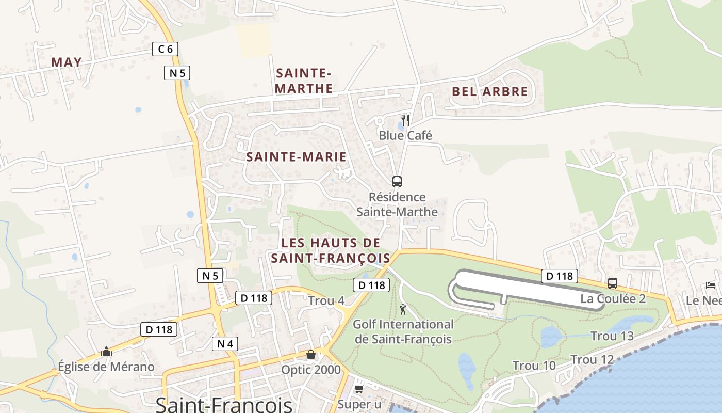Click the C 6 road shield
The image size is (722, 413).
coord(166,49)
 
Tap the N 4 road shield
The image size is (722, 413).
coord(225,343)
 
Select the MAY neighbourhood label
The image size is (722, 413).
coord(67,62)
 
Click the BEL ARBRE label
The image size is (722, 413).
coord(490,92)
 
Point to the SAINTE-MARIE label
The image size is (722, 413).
coord(296,157)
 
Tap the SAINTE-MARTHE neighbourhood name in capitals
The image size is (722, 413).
coord(303,81)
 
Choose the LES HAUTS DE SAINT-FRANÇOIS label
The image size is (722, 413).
coord(331,250)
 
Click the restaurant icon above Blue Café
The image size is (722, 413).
coord(405,120)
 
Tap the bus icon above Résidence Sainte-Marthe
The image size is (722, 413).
coord(397,182)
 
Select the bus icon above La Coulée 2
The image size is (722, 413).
coord(613,283)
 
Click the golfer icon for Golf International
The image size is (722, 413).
coord(403,309)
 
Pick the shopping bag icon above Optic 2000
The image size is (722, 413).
coord(311,355)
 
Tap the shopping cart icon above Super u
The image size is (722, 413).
coord(359,389)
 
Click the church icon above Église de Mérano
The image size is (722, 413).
coord(106,352)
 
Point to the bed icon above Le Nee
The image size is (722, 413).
coord(711,285)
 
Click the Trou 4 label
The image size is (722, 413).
coord(326,300)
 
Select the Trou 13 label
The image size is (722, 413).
coord(612,336)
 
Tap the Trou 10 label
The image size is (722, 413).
coord(534,366)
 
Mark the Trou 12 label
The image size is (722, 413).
coord(592,359)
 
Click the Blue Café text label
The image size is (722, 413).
coord(405,135)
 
